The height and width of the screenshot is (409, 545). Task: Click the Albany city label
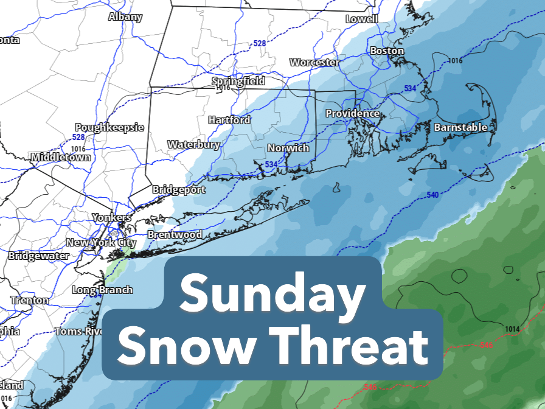(125, 17)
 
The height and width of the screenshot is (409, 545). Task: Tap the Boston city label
(387, 51)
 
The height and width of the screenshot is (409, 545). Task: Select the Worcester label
(314, 62)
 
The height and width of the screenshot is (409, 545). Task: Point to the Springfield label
(238, 81)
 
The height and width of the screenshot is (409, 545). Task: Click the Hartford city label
(229, 120)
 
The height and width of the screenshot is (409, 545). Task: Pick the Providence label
(352, 113)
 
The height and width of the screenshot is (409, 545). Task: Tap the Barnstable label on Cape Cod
(460, 127)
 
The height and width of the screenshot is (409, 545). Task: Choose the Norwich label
(288, 148)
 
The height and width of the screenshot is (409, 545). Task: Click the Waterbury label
(193, 144)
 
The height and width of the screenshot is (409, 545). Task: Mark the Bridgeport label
(179, 189)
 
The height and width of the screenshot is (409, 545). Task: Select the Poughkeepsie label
(109, 127)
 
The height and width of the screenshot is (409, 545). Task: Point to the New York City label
(101, 242)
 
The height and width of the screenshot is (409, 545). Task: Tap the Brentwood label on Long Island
(175, 234)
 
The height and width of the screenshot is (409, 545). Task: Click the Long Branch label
(102, 290)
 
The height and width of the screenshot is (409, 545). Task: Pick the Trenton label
(29, 300)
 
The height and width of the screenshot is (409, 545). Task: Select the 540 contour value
(432, 195)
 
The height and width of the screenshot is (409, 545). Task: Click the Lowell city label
(361, 19)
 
